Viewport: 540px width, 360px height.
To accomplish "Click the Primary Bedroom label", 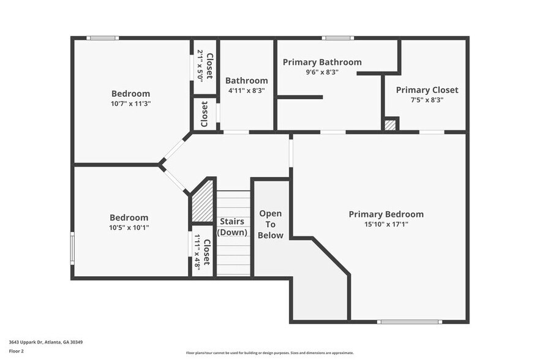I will pyautogui.click(x=386, y=214).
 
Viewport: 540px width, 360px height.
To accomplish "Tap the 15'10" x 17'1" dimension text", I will pyautogui.click(x=386, y=224).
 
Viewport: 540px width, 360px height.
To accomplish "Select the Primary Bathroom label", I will pyautogui.click(x=322, y=62).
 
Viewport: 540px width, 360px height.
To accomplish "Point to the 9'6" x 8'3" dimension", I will pyautogui.click(x=322, y=72).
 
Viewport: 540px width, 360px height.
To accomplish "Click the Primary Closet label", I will pyautogui.click(x=427, y=90).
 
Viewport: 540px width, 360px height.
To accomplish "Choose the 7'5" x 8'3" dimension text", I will pyautogui.click(x=427, y=100).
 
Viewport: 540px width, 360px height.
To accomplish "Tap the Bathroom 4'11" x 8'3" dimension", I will pyautogui.click(x=246, y=91).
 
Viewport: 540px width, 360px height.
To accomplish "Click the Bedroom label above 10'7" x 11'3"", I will pyautogui.click(x=130, y=94).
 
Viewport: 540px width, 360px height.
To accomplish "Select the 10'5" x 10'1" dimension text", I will pyautogui.click(x=129, y=228).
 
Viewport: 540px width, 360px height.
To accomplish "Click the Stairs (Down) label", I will pyautogui.click(x=233, y=227).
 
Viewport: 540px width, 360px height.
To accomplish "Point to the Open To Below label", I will pyautogui.click(x=271, y=224).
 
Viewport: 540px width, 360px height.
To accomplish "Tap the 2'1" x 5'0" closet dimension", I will pyautogui.click(x=200, y=67).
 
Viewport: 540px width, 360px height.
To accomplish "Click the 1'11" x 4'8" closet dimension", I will pyautogui.click(x=197, y=252).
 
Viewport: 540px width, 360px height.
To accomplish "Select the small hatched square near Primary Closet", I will pyautogui.click(x=390, y=125).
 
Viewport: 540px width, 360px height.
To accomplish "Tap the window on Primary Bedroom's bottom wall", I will pyautogui.click(x=408, y=321).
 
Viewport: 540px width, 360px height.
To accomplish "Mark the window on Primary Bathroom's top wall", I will pyautogui.click(x=337, y=38).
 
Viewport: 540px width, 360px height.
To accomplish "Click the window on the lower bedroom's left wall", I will pyautogui.click(x=72, y=248).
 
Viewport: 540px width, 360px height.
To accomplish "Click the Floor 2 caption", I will pyautogui.click(x=17, y=351).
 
